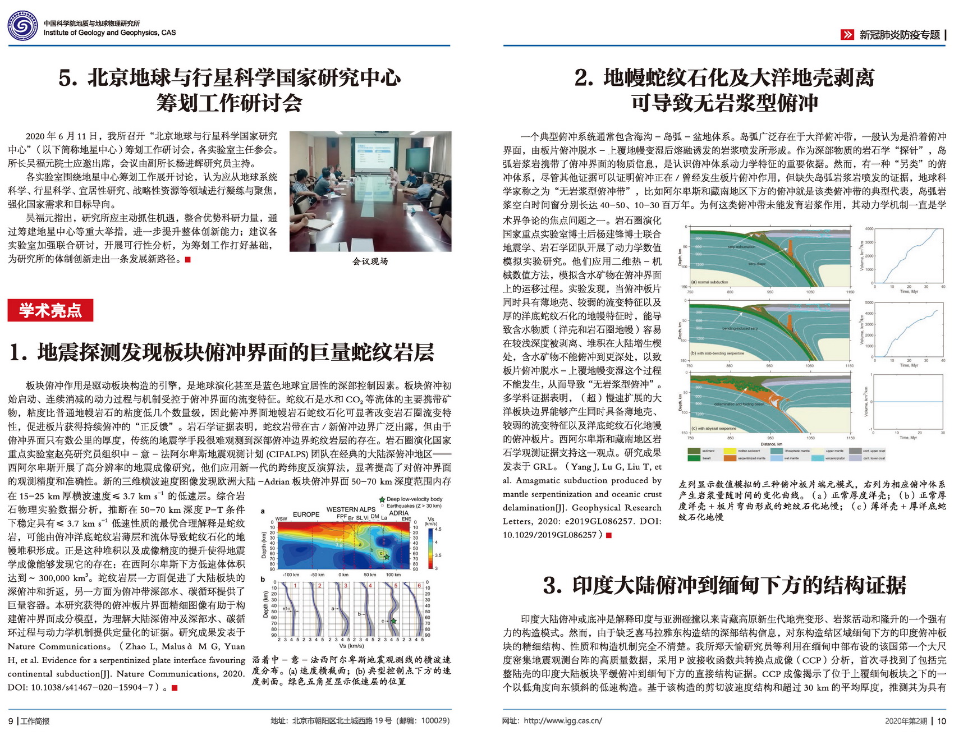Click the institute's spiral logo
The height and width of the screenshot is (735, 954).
tap(22, 26)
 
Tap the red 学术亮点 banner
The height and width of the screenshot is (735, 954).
tap(50, 310)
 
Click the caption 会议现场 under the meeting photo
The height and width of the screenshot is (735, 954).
tap(370, 261)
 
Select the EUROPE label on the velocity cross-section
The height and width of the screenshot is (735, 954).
tap(306, 514)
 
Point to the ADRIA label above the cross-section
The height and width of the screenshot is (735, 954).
tap(399, 513)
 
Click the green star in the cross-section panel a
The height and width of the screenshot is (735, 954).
tap(387, 555)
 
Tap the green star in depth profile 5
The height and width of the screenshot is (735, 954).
tap(394, 621)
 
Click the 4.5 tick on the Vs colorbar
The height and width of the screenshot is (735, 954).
tap(438, 529)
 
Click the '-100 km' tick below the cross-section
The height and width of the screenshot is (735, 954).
tap(291, 575)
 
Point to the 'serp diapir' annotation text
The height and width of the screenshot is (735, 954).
tap(756, 264)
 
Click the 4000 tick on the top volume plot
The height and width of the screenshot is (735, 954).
tap(869, 229)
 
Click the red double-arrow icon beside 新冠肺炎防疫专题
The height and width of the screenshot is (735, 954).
tap(847, 35)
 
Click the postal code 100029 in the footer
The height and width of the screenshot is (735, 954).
tap(435, 721)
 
